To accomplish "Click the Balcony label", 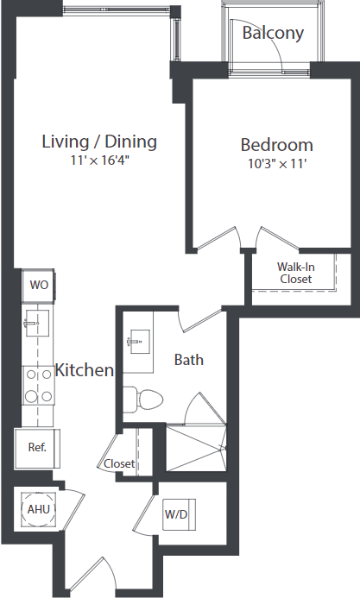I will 273,34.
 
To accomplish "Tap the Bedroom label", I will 276,145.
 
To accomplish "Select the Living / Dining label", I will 99,142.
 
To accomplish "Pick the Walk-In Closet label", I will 295,273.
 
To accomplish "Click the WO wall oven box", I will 38,284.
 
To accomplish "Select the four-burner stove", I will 38,386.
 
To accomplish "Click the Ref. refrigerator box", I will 37,447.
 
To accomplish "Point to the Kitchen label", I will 85,370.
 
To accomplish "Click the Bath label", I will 188,359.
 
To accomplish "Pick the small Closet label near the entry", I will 119,463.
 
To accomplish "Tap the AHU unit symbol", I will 38,509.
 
